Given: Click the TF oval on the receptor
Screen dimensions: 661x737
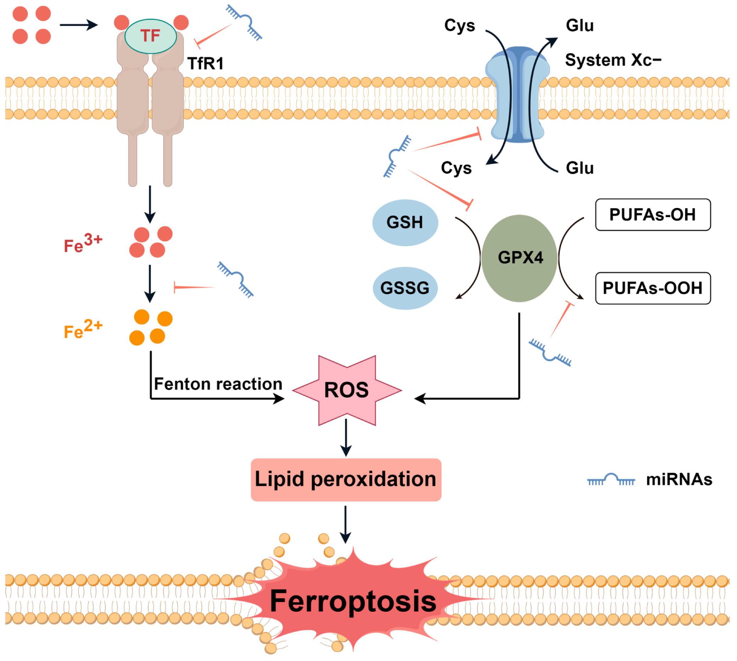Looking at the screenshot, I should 150,36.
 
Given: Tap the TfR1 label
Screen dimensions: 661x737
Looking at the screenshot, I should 205,63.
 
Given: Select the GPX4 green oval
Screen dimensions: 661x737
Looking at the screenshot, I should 520,258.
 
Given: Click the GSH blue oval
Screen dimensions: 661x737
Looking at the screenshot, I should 405,222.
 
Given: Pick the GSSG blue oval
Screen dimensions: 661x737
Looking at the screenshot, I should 405,288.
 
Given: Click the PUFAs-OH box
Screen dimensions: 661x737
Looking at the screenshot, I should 652,215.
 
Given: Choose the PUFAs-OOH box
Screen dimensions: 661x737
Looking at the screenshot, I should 652,288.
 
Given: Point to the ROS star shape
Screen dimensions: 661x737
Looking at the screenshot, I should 346,390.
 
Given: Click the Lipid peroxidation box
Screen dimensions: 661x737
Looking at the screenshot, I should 346,479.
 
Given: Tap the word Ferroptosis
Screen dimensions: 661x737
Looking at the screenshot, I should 352,601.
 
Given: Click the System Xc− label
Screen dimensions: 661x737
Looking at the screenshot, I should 613,60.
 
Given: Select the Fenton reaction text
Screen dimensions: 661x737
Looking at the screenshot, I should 218,384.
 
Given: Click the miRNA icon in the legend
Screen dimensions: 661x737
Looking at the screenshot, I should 611,480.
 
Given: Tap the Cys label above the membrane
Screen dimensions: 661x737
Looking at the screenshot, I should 459,26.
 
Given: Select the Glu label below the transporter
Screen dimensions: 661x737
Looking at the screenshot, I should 580,168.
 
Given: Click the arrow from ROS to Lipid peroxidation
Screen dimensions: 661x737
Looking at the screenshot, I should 346,437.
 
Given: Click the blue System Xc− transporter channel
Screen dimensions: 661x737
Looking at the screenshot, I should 518,95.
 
